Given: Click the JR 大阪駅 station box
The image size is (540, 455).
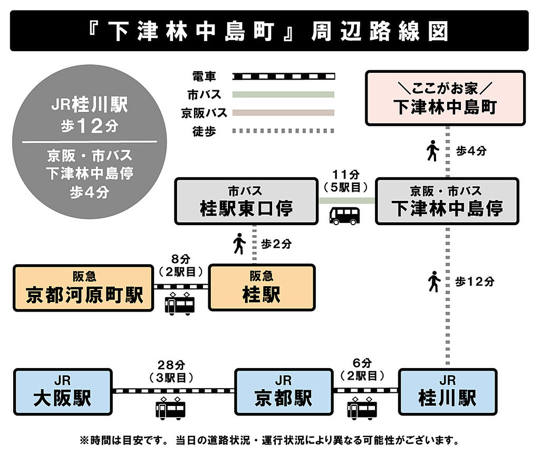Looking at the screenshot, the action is click(x=63, y=392).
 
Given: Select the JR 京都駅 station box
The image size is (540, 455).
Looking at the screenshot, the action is click(x=284, y=392).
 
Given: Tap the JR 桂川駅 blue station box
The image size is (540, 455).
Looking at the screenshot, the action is click(x=448, y=392).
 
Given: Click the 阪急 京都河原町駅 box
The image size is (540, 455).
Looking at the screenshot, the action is click(x=83, y=287).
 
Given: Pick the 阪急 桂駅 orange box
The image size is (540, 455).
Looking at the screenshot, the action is click(x=262, y=287).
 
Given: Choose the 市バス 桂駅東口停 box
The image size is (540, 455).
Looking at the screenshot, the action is click(x=246, y=201).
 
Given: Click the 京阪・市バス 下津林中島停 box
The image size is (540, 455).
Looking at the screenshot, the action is click(x=447, y=201).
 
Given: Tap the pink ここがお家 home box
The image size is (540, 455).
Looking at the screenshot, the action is click(x=445, y=98).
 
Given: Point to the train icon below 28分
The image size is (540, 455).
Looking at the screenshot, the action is click(x=170, y=408).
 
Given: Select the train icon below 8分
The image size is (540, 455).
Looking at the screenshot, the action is click(x=180, y=304).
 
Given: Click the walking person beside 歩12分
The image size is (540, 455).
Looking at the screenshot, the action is click(x=435, y=282).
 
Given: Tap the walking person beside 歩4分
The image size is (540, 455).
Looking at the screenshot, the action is click(x=433, y=150).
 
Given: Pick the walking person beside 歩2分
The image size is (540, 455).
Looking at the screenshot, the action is click(x=239, y=244).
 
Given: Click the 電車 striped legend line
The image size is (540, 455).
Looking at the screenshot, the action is click(x=283, y=76).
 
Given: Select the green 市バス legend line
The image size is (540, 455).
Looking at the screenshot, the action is click(x=283, y=94).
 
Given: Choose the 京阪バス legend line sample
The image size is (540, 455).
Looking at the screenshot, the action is click(x=283, y=113).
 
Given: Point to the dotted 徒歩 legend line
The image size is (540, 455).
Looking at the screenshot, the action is click(x=283, y=131).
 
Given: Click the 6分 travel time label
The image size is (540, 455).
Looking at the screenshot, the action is click(x=362, y=363).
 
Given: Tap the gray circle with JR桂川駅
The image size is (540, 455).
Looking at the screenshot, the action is click(x=90, y=142).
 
